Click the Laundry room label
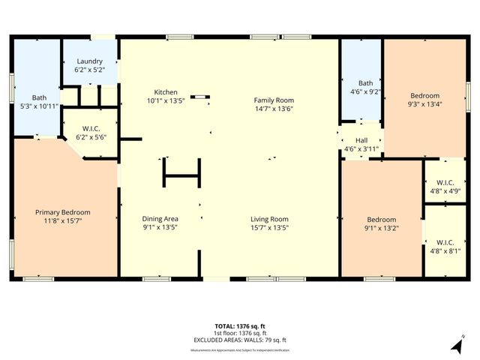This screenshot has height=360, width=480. (x=89, y=61)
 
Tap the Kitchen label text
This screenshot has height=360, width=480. (x=165, y=91)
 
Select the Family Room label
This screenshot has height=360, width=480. (x=274, y=100)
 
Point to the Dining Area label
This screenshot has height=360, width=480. (x=160, y=218)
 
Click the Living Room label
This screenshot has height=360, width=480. (x=270, y=219)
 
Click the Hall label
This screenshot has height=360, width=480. (x=361, y=140)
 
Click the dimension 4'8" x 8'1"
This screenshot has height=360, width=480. (x=444, y=250)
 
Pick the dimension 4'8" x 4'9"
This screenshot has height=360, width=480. (x=444, y=190)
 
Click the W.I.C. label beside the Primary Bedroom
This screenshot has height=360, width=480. (x=89, y=128)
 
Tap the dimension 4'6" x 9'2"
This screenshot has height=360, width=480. (x=366, y=91)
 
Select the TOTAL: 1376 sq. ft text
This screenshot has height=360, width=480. (x=240, y=326)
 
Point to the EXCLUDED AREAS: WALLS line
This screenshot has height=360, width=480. (x=240, y=340)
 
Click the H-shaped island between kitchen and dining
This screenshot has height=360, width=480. (x=181, y=175)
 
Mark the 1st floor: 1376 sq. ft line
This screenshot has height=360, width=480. (x=240, y=333)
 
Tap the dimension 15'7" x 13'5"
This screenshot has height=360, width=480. (x=270, y=228)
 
